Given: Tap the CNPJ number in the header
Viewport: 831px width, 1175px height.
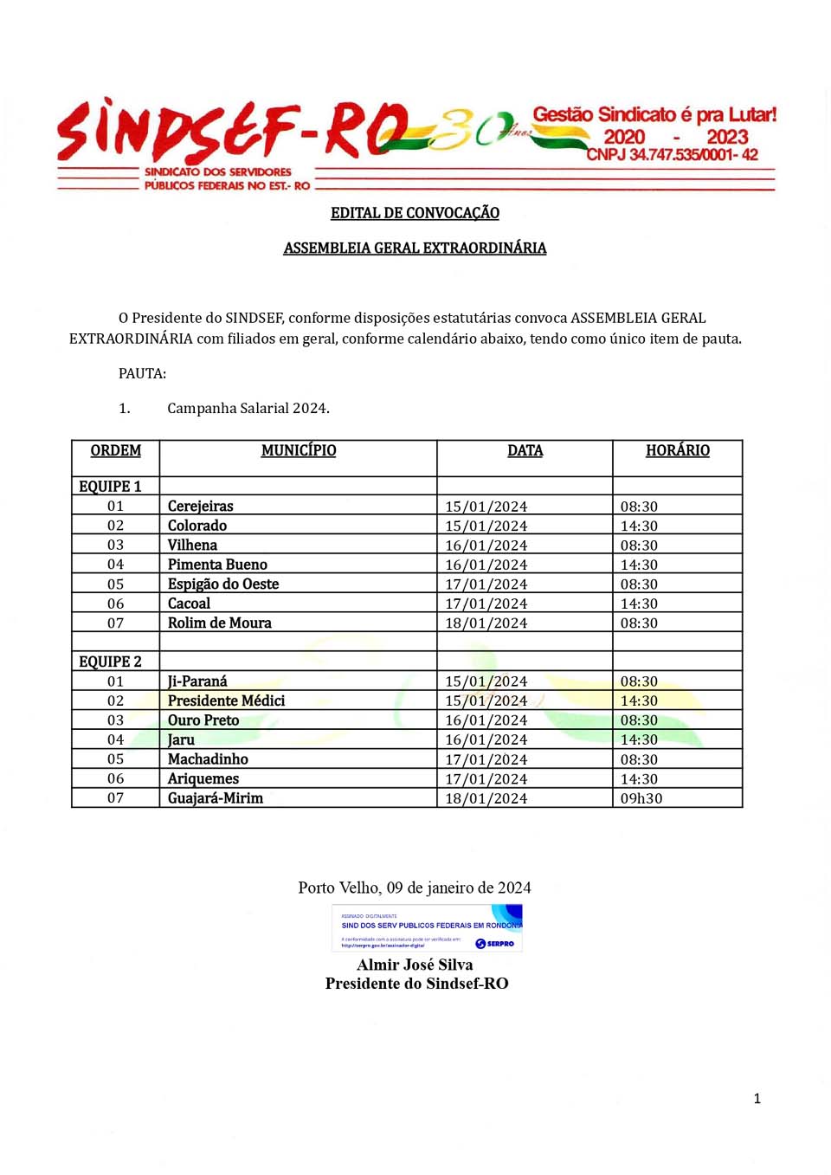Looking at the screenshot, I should click(x=672, y=155).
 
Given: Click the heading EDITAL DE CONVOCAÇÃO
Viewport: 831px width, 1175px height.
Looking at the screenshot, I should click(x=415, y=213).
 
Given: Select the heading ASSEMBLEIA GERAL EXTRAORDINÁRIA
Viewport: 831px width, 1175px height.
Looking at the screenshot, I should click(x=415, y=249).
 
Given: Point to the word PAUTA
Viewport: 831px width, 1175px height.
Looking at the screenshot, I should click(x=142, y=373).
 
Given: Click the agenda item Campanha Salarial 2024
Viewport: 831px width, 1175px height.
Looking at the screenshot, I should click(x=248, y=408).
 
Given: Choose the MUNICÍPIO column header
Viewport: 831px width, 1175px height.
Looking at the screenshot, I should click(x=299, y=450).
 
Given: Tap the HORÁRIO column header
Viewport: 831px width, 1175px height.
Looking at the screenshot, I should click(x=677, y=450).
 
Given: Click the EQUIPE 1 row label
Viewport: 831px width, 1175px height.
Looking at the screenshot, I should click(x=110, y=487).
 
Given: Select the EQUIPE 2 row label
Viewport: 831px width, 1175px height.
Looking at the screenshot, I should click(x=110, y=662).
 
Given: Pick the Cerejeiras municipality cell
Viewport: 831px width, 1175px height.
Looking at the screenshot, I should click(x=201, y=507).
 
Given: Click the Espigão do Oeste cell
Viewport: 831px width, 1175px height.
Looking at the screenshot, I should click(x=223, y=584).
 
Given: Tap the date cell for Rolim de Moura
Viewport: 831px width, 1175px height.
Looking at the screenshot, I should click(x=486, y=623).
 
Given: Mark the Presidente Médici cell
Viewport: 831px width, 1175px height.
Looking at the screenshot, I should click(x=226, y=700).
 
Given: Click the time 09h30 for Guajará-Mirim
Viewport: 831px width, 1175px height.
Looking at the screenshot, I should click(x=641, y=798).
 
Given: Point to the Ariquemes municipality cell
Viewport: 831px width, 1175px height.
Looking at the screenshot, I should click(x=203, y=778).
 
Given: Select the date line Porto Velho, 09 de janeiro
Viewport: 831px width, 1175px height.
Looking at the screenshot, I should click(x=415, y=888).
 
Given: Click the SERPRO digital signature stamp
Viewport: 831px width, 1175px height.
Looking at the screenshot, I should click(x=428, y=928).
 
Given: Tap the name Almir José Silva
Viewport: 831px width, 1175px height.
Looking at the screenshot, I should click(x=415, y=965).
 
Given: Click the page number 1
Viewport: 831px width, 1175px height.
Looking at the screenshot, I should click(x=757, y=1099).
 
